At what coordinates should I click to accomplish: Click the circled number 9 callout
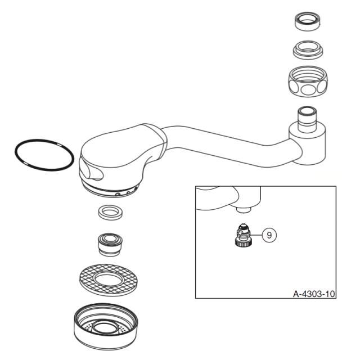[x=269, y=235]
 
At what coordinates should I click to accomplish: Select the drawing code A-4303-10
[x=314, y=293]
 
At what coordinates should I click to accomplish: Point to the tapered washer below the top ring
[x=308, y=51]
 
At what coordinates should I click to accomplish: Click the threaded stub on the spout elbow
[x=308, y=115]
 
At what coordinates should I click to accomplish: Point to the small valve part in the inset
[x=244, y=236]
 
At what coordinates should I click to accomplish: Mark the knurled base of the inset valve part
[x=244, y=244]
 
